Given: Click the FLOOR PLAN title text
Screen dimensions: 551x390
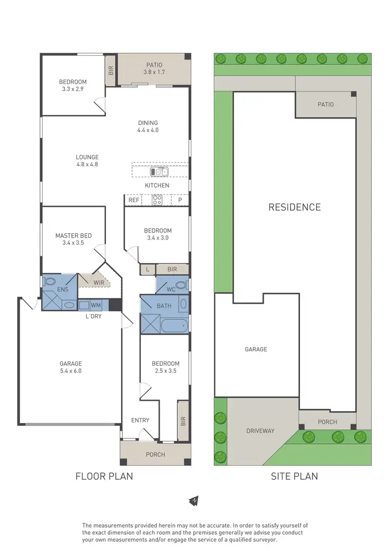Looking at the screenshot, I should (104, 476).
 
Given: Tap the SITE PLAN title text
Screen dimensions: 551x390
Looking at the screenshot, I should (294, 476).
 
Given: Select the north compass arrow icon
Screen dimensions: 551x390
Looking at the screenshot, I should (194, 501).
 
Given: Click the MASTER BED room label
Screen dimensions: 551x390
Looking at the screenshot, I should (73, 235).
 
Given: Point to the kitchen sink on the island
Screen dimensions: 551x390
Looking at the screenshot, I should (160, 171).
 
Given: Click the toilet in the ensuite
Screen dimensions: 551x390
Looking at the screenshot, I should (50, 281).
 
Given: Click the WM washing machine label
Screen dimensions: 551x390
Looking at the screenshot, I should (96, 305).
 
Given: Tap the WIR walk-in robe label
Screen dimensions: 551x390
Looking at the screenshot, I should (99, 282).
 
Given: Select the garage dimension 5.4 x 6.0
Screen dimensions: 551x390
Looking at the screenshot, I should (71, 371).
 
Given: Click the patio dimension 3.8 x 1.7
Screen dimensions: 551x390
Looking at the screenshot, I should (154, 72).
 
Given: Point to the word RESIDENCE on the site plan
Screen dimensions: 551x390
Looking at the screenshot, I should (294, 207).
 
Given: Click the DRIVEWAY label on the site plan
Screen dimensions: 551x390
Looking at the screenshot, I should (260, 431).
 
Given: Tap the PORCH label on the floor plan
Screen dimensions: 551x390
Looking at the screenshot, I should (155, 454).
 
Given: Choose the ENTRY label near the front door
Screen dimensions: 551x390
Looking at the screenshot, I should (140, 420).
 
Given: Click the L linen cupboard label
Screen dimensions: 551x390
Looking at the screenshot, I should (148, 269).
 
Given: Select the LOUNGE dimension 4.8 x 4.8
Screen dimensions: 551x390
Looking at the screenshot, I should (87, 164).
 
